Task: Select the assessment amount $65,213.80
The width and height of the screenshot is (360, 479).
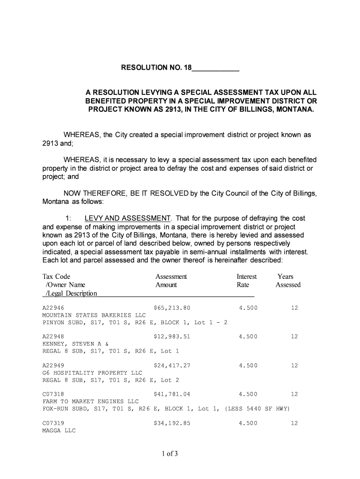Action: pyautogui.click(x=172, y=308)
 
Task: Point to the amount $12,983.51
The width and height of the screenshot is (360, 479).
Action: pyautogui.click(x=172, y=337)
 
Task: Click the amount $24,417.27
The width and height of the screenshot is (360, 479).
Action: pyautogui.click(x=172, y=365)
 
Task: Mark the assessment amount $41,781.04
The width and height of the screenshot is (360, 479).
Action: pyautogui.click(x=172, y=394)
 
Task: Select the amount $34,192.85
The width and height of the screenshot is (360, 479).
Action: pyautogui.click(x=172, y=423)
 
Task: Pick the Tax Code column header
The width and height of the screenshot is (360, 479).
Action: pyautogui.click(x=56, y=276)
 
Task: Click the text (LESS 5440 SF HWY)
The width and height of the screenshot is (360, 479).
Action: pyautogui.click(x=258, y=409)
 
